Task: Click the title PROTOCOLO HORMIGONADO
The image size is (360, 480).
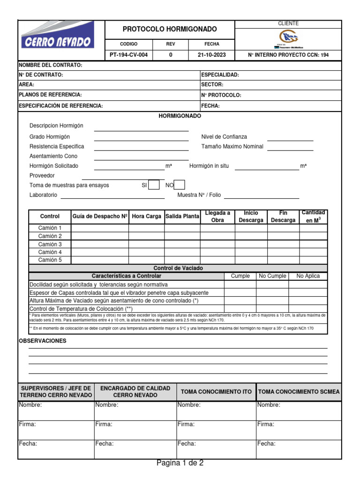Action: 170,30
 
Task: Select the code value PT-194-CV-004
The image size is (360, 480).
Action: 128,55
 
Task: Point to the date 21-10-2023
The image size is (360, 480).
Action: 211,55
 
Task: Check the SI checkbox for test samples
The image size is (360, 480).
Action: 154,185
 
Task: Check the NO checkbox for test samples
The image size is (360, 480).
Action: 179,185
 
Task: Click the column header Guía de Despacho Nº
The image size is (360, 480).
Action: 100,217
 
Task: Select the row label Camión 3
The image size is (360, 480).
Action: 50,244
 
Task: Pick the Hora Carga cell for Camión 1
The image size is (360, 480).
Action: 146,228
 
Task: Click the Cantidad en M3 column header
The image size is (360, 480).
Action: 313,217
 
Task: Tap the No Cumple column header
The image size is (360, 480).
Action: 272,276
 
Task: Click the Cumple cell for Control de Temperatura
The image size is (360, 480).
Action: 240,309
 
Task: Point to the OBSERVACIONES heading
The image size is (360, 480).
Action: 42,341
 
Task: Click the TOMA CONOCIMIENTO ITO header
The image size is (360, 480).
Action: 216,392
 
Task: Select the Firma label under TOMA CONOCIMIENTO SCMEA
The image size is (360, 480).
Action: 265,424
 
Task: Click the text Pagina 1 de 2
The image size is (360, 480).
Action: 180,463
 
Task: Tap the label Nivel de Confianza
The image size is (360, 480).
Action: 224,137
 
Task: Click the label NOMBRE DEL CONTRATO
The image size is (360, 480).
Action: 50,65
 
